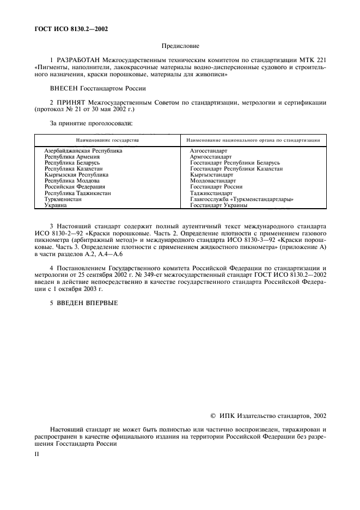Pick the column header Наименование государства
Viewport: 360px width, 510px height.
pyautogui.click(x=107, y=140)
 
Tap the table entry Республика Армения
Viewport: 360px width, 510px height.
pyautogui.click(x=70, y=156)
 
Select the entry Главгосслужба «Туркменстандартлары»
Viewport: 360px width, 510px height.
pyautogui.click(x=242, y=199)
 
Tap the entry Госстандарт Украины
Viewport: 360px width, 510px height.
pyautogui.click(x=218, y=205)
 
